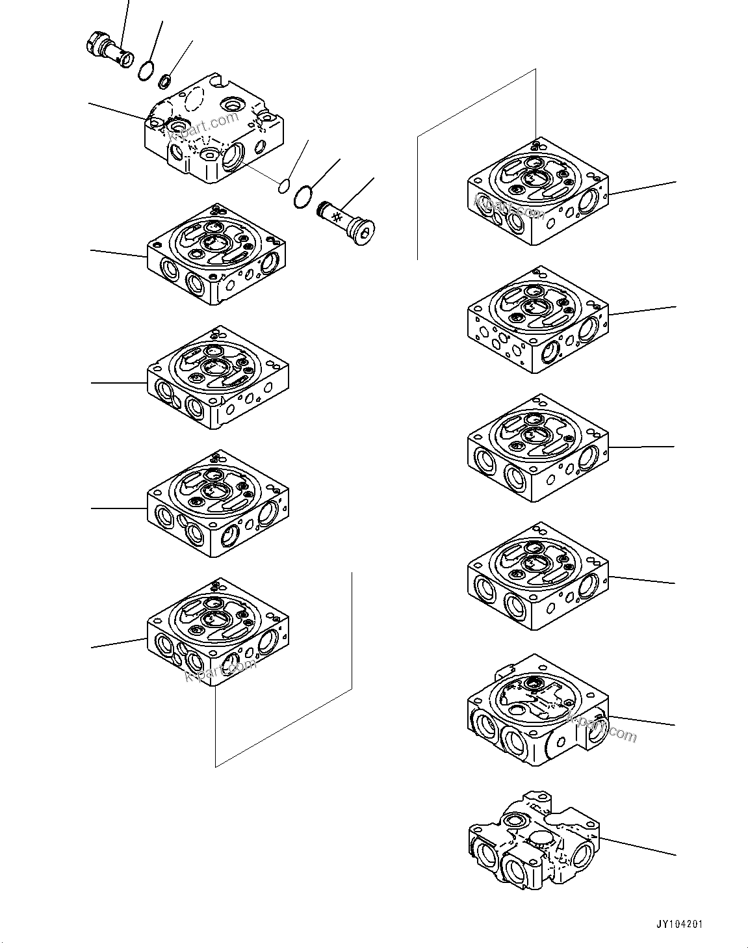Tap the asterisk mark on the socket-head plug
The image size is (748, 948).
pos(337,216)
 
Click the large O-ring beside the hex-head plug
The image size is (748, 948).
pos(147,70)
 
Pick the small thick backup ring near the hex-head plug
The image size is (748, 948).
pos(165,81)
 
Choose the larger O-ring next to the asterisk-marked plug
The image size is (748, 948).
pos(302,197)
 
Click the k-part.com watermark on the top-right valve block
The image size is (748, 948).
pos(510,208)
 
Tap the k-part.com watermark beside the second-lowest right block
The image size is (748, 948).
pos(602,728)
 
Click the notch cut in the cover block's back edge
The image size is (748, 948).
pos(219,83)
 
